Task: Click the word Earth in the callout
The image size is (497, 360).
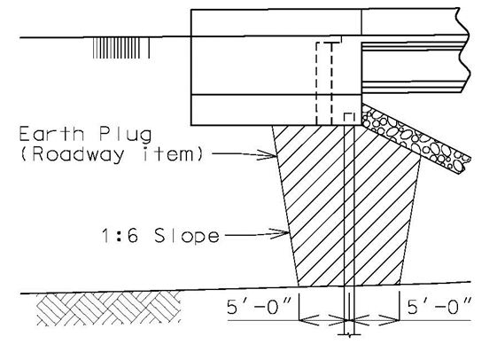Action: [x=51, y=134]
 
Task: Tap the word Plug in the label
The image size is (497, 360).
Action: [x=125, y=135]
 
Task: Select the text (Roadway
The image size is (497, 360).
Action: [x=72, y=155]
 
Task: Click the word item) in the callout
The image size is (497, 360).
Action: [x=172, y=154]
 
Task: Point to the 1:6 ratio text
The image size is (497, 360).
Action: [x=120, y=236]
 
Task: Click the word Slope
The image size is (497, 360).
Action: [x=187, y=237]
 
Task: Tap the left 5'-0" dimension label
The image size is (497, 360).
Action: [x=259, y=306]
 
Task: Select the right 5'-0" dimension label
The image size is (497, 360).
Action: [x=439, y=306]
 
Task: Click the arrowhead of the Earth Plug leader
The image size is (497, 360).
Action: [x=268, y=155]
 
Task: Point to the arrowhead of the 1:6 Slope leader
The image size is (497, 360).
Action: [x=280, y=234]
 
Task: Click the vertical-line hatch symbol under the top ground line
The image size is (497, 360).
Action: [x=121, y=48]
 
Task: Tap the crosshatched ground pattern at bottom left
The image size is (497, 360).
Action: [x=108, y=309]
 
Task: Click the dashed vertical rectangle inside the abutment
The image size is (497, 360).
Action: [x=324, y=83]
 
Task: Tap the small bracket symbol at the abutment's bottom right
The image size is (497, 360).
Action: [x=349, y=117]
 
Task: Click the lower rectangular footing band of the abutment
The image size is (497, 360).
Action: [x=276, y=110]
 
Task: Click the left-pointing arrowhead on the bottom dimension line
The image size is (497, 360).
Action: [x=309, y=320]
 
